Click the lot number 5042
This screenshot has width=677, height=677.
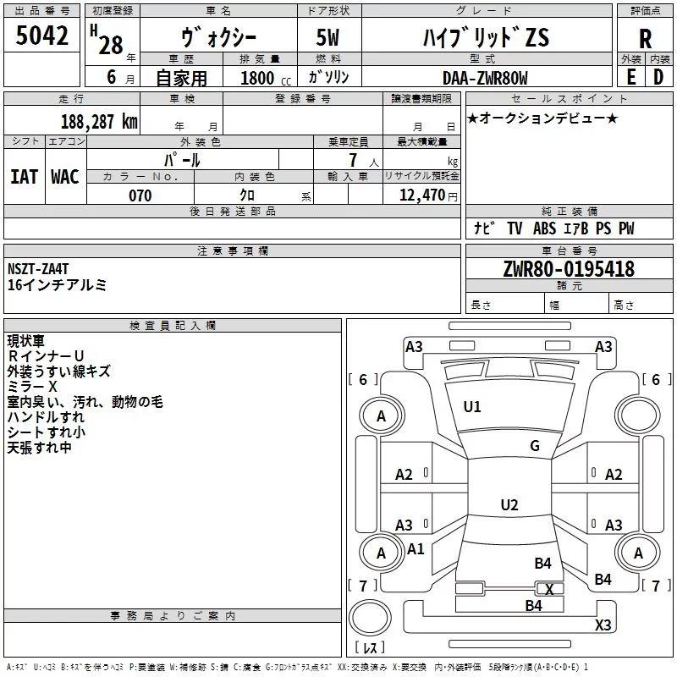coord(41,36)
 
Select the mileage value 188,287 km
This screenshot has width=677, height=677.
coord(99,122)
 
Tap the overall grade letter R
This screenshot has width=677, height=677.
coord(645,38)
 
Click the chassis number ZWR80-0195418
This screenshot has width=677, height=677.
coord(569,268)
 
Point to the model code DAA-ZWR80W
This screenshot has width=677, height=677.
coord(485,78)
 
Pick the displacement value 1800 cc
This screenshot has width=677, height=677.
coord(266,78)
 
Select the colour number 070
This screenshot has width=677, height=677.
coord(140,195)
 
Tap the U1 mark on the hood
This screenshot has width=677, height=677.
coord(472,407)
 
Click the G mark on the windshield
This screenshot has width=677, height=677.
coord(535,446)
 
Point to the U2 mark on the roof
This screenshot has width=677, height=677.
coord(509,504)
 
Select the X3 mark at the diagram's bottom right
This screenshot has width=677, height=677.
coord(603,625)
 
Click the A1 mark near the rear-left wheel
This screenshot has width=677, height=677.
coord(416,549)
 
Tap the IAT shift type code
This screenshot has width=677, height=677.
coord(24,177)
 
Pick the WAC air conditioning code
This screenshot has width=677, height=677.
coord(65,177)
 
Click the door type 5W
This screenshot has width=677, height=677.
coord(327,37)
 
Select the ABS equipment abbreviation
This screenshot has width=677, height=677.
coord(544,228)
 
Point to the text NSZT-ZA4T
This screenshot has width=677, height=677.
coord(38,269)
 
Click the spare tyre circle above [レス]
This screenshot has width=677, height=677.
coord(370,618)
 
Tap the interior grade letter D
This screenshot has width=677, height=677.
coord(658,77)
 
